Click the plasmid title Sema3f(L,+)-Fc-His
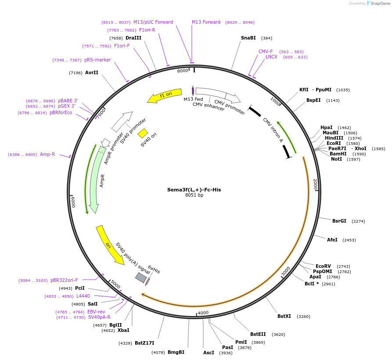point(194,190)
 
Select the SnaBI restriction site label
point(248,38)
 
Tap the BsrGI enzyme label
point(339,221)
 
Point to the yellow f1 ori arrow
point(165,96)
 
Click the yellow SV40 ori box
point(143,133)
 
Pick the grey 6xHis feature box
point(141,277)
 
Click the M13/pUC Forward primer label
point(153,22)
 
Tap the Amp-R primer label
point(47,154)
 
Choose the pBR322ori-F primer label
point(64,280)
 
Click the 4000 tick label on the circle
point(203,313)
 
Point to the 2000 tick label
point(315,184)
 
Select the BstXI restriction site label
point(284,316)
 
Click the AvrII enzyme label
point(92,72)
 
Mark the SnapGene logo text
point(380,4)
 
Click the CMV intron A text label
point(273,130)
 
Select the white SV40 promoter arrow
point(122,122)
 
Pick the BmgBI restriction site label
point(176,352)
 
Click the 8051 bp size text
point(194,195)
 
